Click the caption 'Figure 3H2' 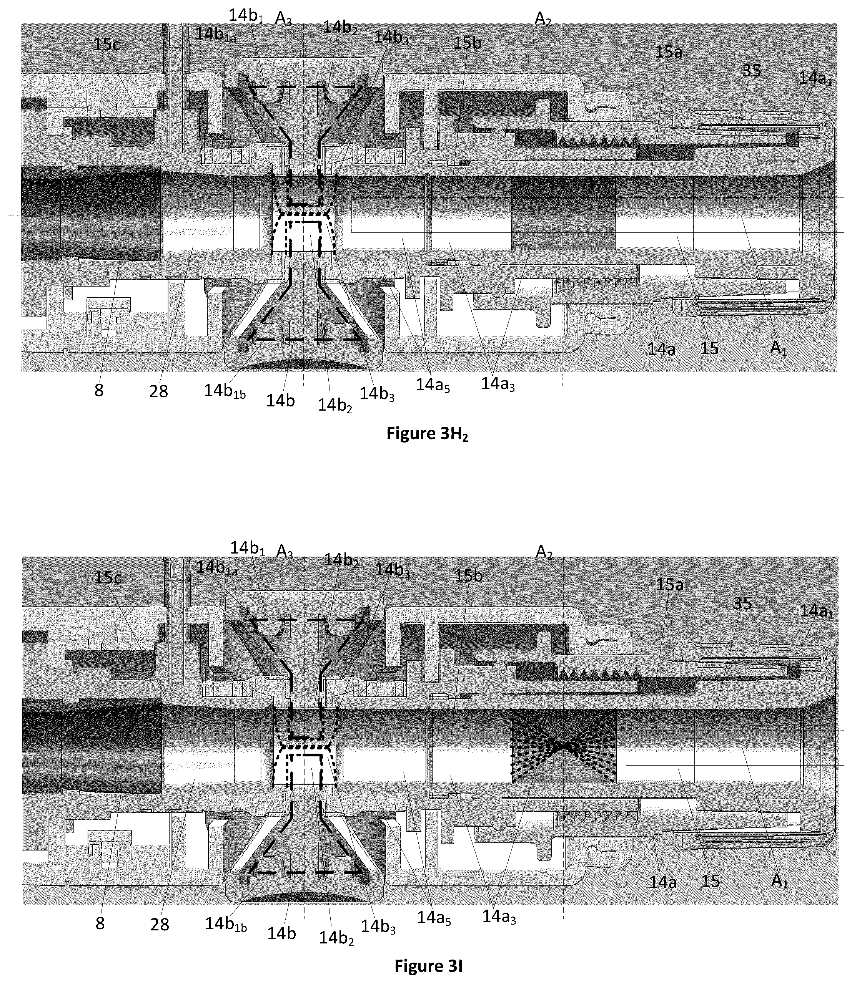coord(426,434)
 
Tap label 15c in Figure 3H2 coord(106,45)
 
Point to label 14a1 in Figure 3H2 coord(815,78)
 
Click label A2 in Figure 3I coord(544,552)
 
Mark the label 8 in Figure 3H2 coord(99,390)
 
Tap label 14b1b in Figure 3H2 coord(225,391)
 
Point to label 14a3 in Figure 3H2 coord(498,384)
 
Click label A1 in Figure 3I coord(779,880)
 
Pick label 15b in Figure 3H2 coord(468,43)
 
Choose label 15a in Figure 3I coord(669,584)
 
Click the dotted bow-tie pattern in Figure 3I coord(563,746)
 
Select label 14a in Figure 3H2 coord(661,349)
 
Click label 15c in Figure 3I coord(108,578)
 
